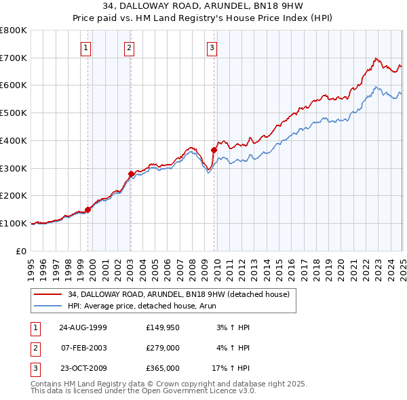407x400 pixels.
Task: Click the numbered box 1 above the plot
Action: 87,47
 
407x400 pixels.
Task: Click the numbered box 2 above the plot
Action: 129,47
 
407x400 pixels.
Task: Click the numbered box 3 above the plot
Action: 212,47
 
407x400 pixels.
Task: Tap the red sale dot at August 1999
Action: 88,209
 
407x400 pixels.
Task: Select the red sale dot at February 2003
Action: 131,174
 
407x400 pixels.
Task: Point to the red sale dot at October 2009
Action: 214,150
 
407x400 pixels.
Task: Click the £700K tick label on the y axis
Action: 14,58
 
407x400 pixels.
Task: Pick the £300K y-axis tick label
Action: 14,168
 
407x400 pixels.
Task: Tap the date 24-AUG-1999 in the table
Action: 83,327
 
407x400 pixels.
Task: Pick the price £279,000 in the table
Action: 163,348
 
